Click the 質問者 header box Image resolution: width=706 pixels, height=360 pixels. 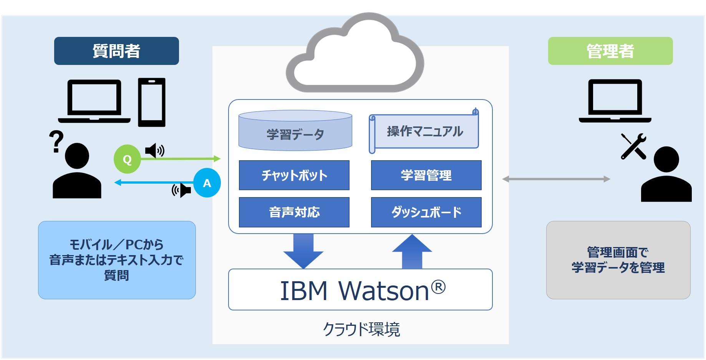coord(116,51)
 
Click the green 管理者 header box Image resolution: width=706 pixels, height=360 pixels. coord(610,51)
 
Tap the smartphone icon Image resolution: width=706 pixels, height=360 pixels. coord(152,102)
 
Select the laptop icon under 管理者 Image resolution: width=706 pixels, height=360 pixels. coord(615,101)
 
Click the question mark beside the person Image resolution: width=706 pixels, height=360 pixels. coord(56,141)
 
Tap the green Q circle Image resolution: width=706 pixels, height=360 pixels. coord(127,159)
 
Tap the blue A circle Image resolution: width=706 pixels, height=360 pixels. coord(207,183)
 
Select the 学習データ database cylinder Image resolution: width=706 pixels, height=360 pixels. coord(295,130)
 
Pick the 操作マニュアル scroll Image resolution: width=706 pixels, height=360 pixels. coord(424,131)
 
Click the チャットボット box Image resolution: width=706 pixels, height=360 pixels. coord(294,175)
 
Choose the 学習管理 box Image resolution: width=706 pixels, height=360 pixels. coord(426,175)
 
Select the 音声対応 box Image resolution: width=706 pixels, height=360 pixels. coord(294,212)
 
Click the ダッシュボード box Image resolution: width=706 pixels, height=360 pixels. coord(426,212)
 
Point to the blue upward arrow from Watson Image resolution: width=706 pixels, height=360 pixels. coord(412,252)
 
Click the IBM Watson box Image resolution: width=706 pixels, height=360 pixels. coord(360,289)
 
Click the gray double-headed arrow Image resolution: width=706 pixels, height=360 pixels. coord(556,179)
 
